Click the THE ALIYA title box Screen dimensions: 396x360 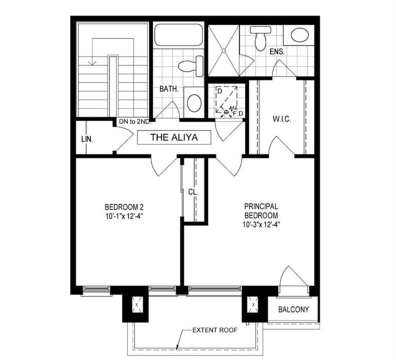coord(174,137)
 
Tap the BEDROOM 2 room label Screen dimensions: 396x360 coord(124,207)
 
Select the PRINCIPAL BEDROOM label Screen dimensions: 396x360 coord(261,211)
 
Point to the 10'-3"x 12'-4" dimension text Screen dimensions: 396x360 coord(261,224)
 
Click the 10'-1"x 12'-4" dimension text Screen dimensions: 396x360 coord(124,216)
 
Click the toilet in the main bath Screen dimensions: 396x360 coord(191,66)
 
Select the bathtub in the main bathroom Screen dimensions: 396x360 coord(178,35)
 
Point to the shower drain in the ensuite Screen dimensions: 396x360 coord(223,50)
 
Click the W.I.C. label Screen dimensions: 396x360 coord(282,118)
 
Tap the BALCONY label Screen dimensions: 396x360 coord(293,309)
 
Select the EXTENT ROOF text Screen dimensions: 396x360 coord(215,330)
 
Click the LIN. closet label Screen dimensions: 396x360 coord(87,139)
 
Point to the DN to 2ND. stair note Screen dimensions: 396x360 coord(135,121)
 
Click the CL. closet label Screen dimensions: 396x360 coord(193,192)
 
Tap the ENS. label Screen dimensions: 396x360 coord(277,52)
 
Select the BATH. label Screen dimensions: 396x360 coord(169,89)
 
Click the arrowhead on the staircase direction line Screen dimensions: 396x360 coord(92,62)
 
